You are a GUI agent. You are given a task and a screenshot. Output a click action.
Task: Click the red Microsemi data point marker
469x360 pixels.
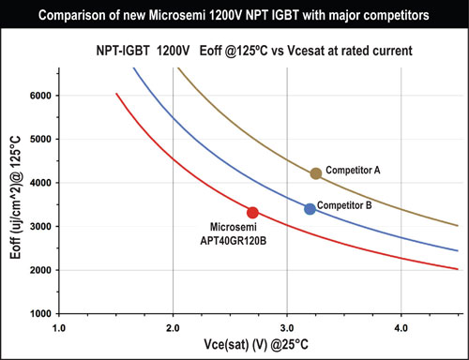[x=252, y=213]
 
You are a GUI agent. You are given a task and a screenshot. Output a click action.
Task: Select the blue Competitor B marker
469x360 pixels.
[x=310, y=208]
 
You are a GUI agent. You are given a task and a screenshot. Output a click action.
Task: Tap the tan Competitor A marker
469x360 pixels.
[x=316, y=173]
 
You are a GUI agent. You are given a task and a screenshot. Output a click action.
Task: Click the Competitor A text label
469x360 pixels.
[x=357, y=170]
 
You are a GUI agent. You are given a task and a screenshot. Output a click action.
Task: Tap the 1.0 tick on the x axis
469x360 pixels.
[x=59, y=328]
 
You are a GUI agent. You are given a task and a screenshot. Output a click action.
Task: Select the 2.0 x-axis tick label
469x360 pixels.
[x=174, y=328]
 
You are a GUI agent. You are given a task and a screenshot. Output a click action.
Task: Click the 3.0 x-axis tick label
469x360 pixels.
[x=288, y=328]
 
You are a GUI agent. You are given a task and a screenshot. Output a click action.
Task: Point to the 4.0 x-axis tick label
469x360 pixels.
[x=401, y=328]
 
